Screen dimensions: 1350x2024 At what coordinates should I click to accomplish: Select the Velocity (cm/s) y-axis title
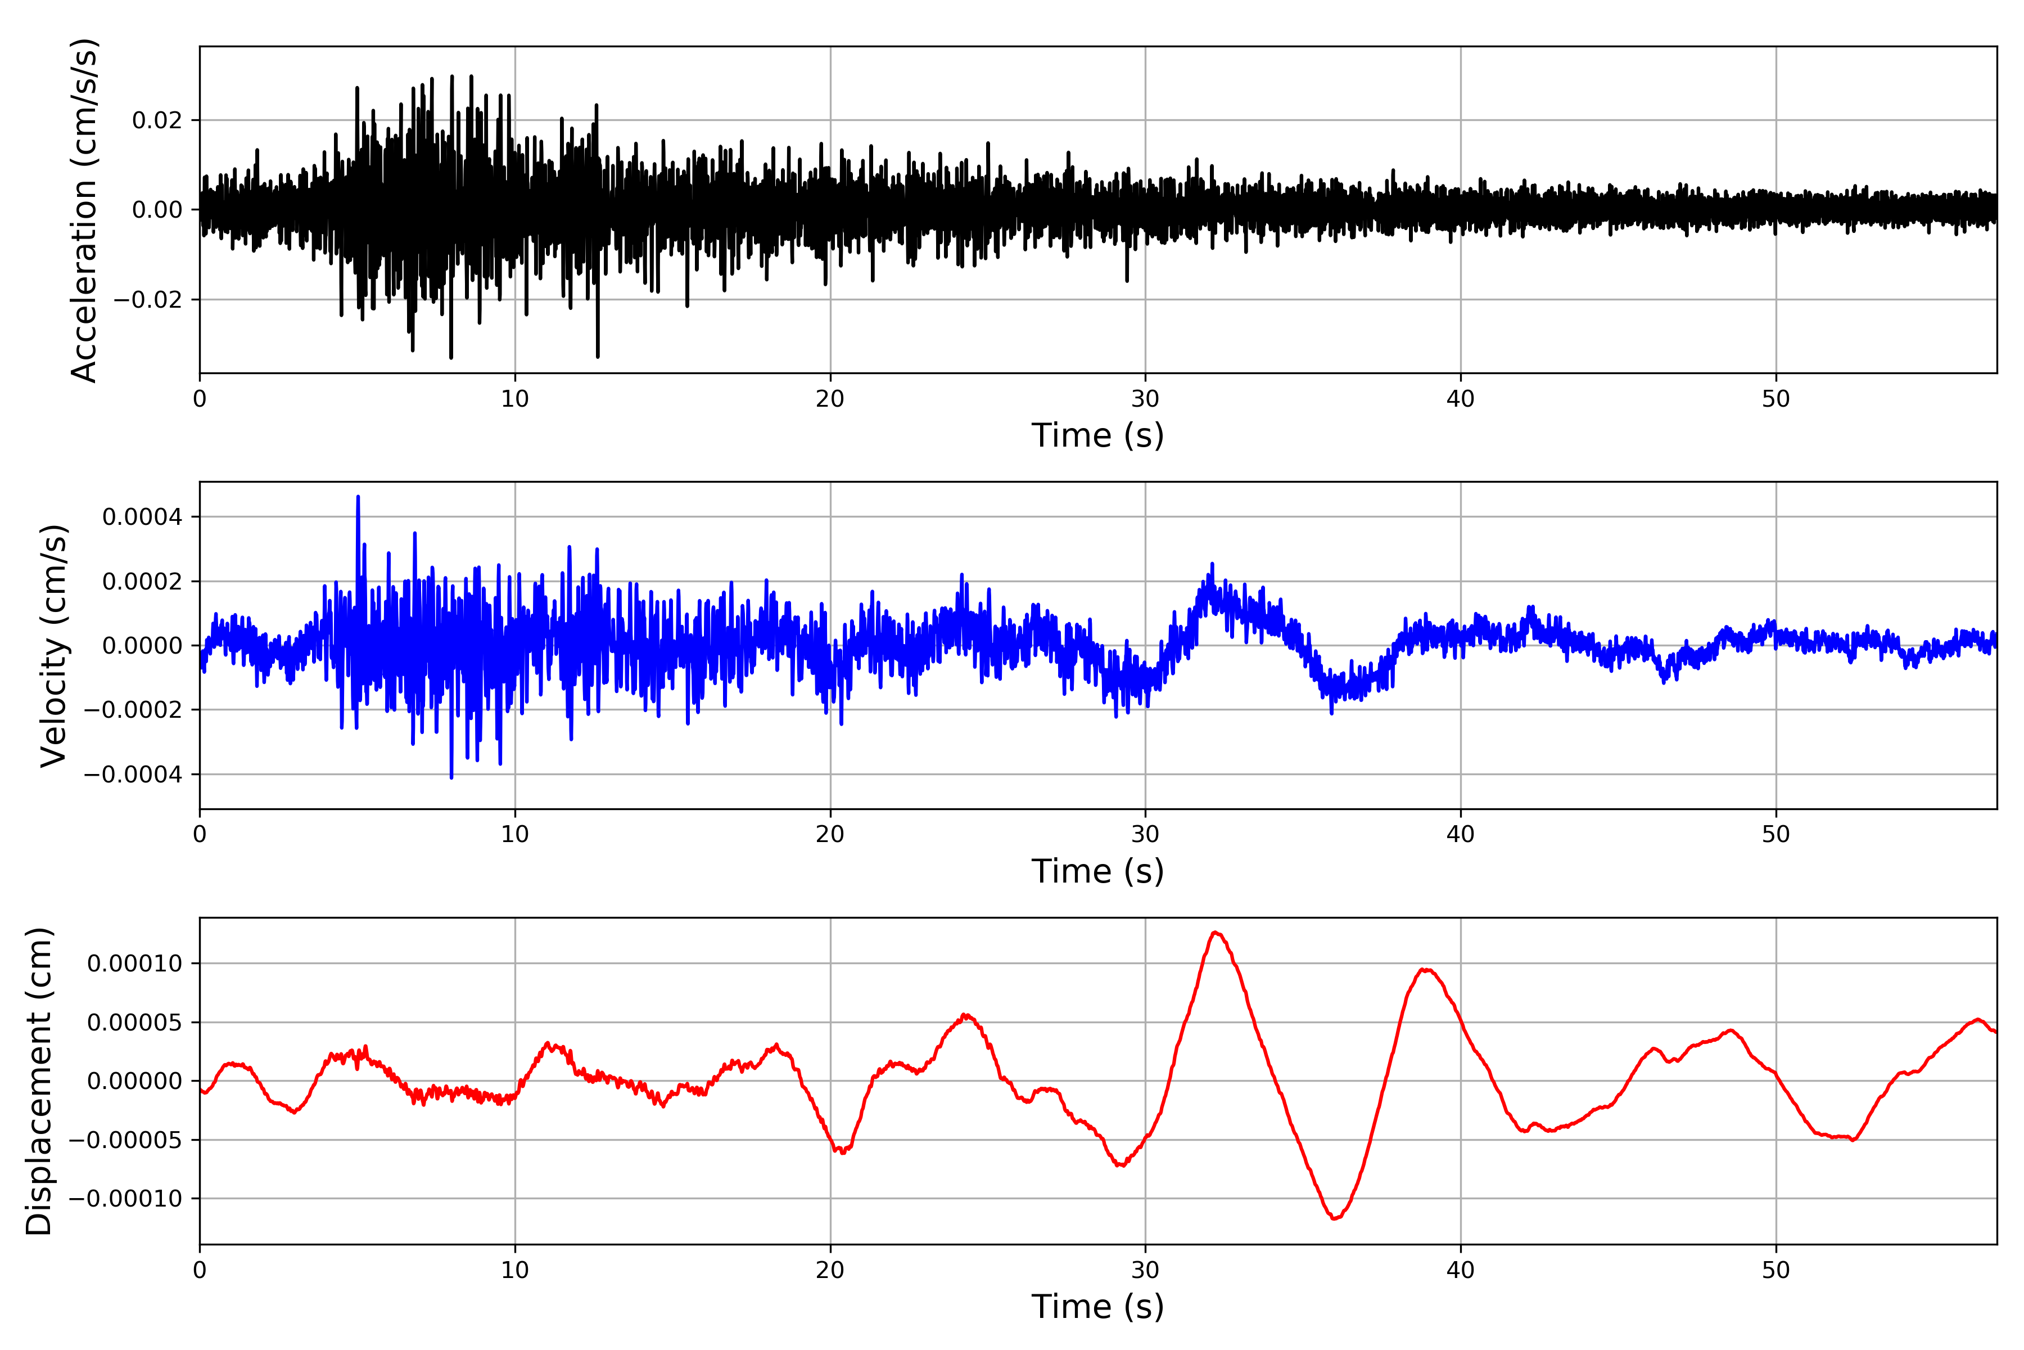pos(53,646)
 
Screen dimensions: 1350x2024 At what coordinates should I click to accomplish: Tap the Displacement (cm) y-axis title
pos(39,1081)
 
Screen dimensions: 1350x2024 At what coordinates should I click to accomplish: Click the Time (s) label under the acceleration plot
pos(1097,435)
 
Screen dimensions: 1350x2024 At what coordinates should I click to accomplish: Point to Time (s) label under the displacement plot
pos(1097,1307)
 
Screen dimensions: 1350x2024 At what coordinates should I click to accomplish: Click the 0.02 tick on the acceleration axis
pos(157,120)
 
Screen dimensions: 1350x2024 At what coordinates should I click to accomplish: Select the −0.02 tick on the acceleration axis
pos(148,300)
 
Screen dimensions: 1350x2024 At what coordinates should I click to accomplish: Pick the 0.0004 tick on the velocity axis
pos(142,517)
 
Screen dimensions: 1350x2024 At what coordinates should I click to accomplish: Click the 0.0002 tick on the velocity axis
pos(142,582)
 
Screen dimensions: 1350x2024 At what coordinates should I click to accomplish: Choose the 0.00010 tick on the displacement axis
pos(135,964)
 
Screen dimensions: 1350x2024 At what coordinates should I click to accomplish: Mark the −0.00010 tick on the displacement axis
pos(125,1199)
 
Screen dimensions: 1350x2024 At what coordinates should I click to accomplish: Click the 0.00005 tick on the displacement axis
pos(135,1023)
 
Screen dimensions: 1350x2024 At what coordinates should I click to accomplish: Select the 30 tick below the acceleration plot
pos(1145,399)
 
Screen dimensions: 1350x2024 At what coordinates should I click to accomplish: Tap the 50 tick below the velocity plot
pos(1776,834)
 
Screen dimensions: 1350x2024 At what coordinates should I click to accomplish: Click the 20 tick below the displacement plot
pos(830,1271)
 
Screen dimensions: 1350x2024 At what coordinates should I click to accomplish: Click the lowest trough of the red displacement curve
pos(1334,1218)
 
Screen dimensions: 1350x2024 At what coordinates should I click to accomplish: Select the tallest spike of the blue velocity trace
pos(358,497)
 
